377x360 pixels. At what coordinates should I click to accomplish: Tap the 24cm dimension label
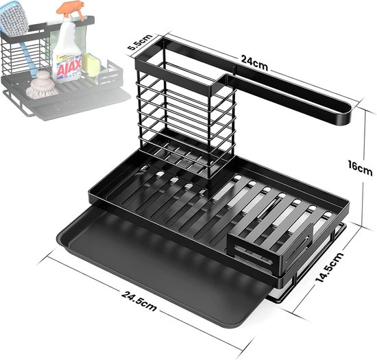[x=254, y=62]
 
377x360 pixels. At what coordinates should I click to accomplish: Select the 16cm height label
[x=360, y=167]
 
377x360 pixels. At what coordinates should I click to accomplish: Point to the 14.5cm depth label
[x=330, y=267]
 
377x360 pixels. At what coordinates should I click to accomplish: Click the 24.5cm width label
[x=139, y=301]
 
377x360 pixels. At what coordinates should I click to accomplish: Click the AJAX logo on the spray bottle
[x=69, y=67]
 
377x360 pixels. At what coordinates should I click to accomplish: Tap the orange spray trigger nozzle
[x=71, y=10]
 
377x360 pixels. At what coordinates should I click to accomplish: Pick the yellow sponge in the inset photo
[x=91, y=64]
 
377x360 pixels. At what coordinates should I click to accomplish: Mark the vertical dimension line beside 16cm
[x=364, y=167]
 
